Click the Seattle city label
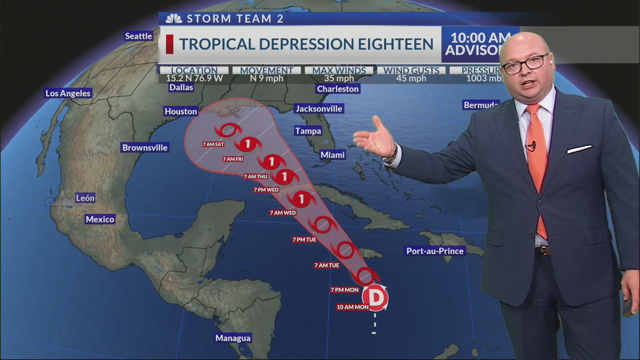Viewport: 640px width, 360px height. coord(138,36)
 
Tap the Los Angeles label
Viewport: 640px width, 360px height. coord(68,93)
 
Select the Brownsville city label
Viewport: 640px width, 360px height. coord(145,148)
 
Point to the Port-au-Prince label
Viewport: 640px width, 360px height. coord(435,251)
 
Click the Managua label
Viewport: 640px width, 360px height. coord(233,338)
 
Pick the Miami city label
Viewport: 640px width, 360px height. coord(332,155)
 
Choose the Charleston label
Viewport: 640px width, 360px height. coord(338,89)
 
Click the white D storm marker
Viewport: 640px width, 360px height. coord(375,298)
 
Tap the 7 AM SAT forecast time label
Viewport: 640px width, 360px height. coord(213,144)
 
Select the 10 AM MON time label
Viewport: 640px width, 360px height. coord(353,307)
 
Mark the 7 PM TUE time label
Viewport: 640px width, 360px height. coord(304,240)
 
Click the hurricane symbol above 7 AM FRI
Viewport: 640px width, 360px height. coord(248,144)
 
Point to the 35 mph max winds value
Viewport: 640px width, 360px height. coord(339,78)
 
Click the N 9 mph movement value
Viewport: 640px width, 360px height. coord(266,78)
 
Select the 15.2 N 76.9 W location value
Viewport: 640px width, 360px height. coord(194,78)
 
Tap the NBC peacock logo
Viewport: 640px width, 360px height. coord(174,19)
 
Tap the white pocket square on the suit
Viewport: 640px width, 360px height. coord(579,149)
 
